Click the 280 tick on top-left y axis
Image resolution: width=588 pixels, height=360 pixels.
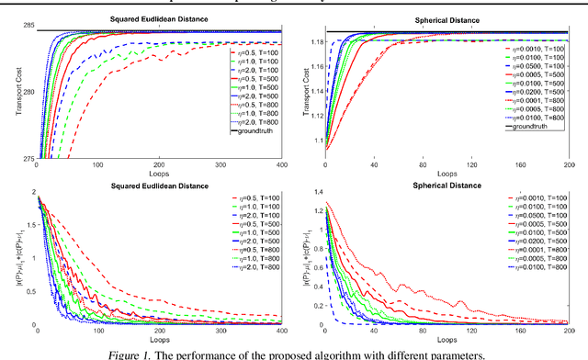tap(26, 93)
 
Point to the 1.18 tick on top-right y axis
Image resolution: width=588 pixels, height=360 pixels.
tap(310, 41)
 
